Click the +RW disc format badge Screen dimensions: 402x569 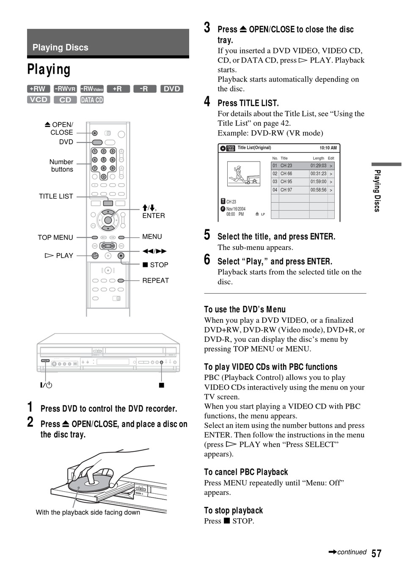tap(39, 89)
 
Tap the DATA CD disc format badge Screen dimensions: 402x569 tap(92, 100)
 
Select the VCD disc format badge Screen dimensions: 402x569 tap(39, 99)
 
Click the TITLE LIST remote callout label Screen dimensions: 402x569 tap(56, 196)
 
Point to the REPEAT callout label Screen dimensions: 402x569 tap(156, 280)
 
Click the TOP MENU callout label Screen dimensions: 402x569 tap(55, 237)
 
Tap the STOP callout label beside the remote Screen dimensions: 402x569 tap(155, 265)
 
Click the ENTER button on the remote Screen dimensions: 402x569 tap(108, 220)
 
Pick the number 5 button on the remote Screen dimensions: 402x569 tap(103, 160)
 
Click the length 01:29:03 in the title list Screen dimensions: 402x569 tap(318, 165)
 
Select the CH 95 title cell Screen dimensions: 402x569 tap(286, 181)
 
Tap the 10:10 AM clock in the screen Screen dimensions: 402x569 tap(328, 148)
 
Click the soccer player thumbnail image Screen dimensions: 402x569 tap(243, 174)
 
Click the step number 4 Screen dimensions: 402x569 tap(207, 102)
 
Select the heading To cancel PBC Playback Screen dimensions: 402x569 tap(246, 472)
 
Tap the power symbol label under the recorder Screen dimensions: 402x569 tap(46, 385)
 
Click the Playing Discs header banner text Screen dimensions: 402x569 tap(60, 47)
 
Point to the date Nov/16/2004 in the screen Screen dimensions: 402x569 tap(236, 209)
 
